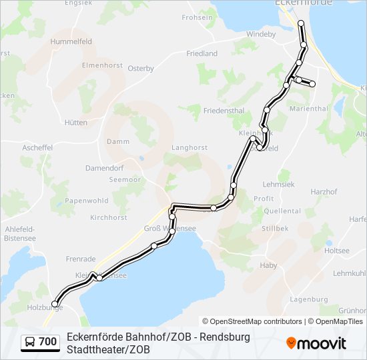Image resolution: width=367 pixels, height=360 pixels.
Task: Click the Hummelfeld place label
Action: point(71,41)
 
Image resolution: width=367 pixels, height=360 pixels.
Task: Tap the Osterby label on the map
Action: point(140,69)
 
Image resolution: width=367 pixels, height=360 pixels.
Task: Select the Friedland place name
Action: point(202,53)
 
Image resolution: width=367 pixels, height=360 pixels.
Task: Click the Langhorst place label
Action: point(190,148)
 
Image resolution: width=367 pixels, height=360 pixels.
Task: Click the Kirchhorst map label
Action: point(108,218)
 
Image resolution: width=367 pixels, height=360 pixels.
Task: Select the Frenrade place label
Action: point(81,259)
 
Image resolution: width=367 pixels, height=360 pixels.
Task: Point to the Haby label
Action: point(268,265)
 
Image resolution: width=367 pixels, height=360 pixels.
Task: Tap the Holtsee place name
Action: point(336,251)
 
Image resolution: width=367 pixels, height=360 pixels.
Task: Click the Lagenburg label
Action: point(308,299)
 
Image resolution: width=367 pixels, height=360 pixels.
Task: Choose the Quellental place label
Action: point(282,211)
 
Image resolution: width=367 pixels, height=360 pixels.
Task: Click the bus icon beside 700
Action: point(30,342)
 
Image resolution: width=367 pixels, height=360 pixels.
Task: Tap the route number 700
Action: point(47,342)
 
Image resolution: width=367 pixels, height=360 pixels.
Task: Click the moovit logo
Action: point(316,343)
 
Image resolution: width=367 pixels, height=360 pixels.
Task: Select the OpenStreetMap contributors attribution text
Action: point(252,321)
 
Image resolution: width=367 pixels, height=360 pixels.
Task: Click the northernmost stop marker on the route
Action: point(301,23)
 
